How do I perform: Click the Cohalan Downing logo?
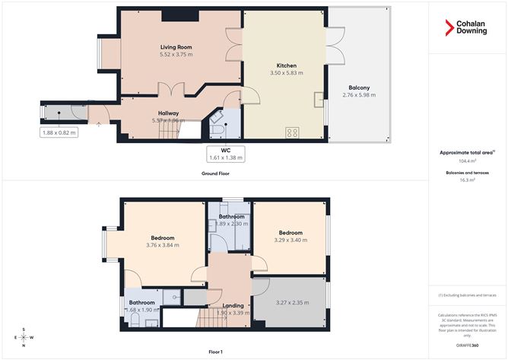pyautogui.click(x=466, y=30)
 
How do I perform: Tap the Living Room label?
pyautogui.click(x=176, y=46)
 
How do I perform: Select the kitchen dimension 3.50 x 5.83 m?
pyautogui.click(x=287, y=73)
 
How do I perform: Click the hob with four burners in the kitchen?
pyautogui.click(x=292, y=132)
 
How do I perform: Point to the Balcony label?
pyautogui.click(x=360, y=87)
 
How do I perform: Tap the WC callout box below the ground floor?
pyautogui.click(x=226, y=154)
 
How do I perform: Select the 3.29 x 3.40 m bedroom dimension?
pyautogui.click(x=290, y=241)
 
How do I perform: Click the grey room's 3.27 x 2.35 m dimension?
pyautogui.click(x=290, y=301)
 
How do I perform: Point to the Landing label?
pyautogui.click(x=233, y=305)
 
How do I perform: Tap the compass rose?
pyautogui.click(x=24, y=338)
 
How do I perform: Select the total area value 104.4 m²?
pyautogui.click(x=467, y=161)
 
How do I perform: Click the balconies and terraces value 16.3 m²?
pyautogui.click(x=467, y=180)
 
